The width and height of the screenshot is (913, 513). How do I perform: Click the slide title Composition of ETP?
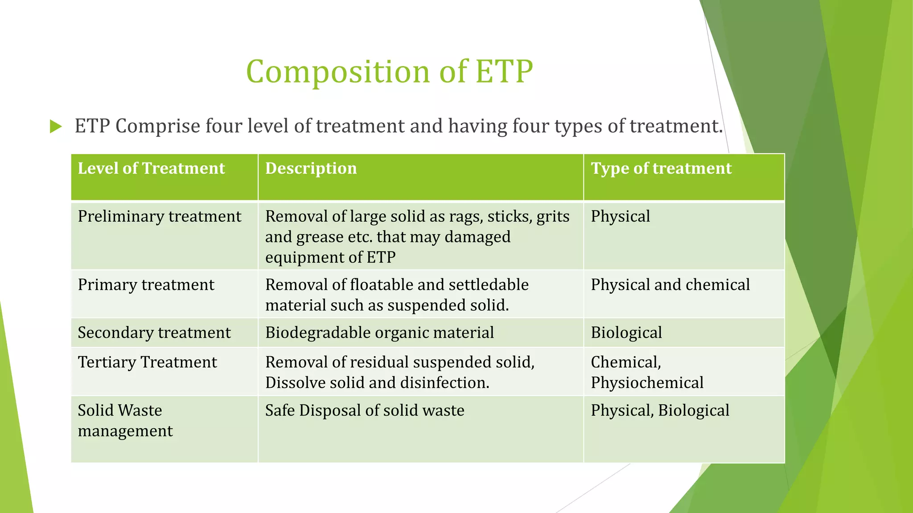point(389,71)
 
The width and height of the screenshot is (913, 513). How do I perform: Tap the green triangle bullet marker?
point(55,126)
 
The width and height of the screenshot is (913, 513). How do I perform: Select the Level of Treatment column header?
point(151,168)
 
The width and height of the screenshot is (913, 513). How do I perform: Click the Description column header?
point(311,168)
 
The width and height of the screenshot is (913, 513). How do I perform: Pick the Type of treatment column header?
point(661,168)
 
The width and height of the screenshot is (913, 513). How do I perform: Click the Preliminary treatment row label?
point(159,216)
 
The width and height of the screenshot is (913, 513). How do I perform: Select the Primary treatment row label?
point(146,285)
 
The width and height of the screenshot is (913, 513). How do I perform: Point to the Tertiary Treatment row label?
point(147,362)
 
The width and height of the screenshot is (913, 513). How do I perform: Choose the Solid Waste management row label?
point(125,420)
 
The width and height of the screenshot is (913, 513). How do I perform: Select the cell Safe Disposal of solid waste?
point(364,411)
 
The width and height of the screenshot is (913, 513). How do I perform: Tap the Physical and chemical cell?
point(670,285)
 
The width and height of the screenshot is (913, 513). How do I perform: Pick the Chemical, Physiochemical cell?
point(646,372)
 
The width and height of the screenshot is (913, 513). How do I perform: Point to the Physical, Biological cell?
point(660,411)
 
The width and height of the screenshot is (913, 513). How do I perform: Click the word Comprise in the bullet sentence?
point(158,126)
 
